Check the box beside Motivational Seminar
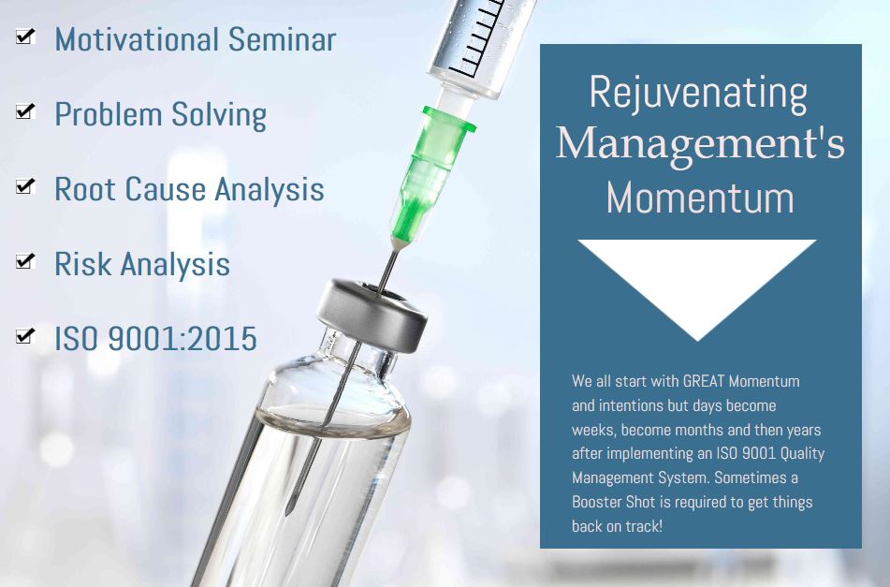(25, 37)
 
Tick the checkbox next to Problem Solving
(25, 111)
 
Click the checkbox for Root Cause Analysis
(25, 186)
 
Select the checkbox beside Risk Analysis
(25, 261)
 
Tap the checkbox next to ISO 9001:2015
(25, 336)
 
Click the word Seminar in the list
(282, 39)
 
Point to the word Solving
(219, 114)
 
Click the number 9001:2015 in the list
(182, 338)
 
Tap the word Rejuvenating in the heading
(699, 93)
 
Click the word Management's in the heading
(700, 144)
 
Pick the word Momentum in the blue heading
(700, 198)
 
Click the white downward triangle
(697, 272)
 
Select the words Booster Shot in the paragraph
(614, 503)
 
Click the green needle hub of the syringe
(432, 170)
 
